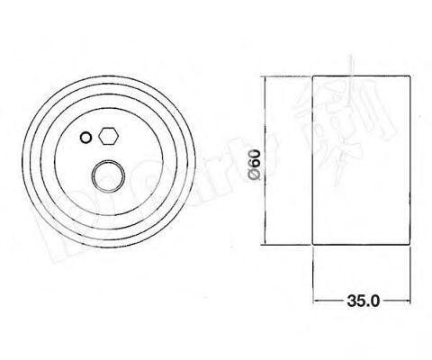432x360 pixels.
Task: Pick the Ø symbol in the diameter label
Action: click(x=254, y=176)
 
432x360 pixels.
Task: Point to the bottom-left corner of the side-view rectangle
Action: click(x=312, y=244)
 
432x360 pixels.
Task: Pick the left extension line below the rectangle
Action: click(x=312, y=279)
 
